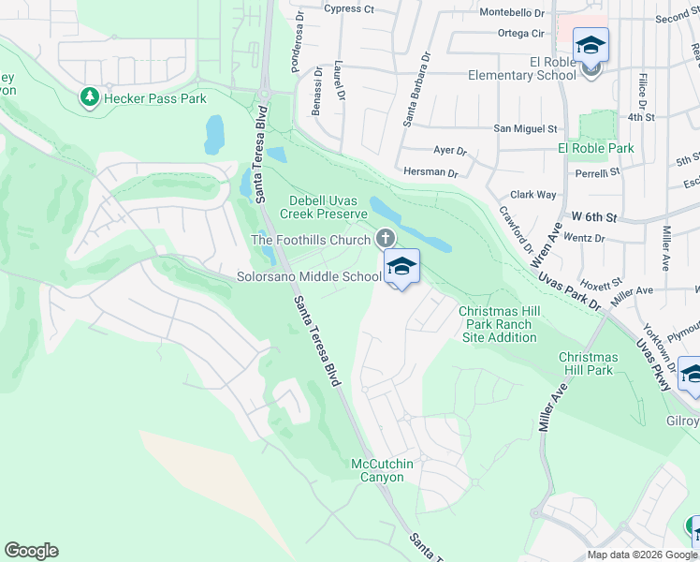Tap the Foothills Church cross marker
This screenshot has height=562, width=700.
click(x=385, y=240)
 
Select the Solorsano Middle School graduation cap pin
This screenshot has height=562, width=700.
click(x=401, y=268)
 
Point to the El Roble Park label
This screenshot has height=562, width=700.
click(x=595, y=148)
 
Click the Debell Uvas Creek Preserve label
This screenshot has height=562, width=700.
click(x=327, y=207)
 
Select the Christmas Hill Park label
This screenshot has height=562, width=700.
click(x=587, y=363)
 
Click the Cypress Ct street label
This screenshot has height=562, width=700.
click(x=348, y=9)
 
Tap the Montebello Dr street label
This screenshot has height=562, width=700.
click(x=511, y=12)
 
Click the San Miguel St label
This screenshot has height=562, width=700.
click(x=525, y=128)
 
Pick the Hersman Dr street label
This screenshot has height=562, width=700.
click(x=430, y=173)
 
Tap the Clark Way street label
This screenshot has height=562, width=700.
click(x=533, y=195)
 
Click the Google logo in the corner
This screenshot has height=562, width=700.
click(x=31, y=551)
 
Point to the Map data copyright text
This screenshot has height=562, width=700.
click(x=642, y=555)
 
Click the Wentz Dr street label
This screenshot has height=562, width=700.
click(x=586, y=239)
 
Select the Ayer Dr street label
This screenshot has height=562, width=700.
click(x=449, y=150)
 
